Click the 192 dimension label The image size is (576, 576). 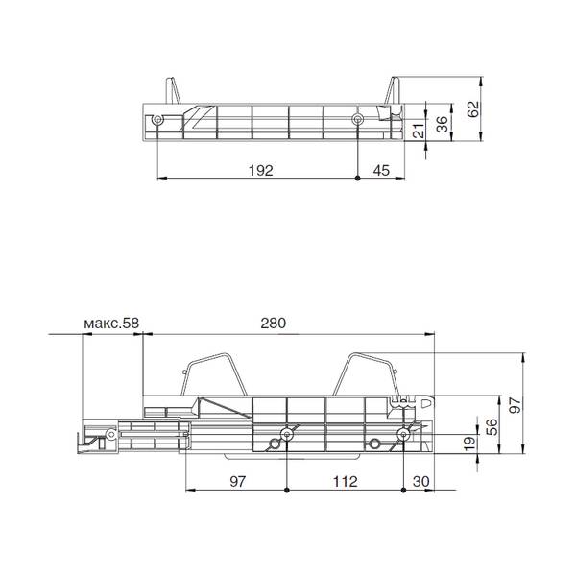[261, 171]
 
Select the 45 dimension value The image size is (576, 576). [381, 171]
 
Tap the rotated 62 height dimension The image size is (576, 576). [473, 109]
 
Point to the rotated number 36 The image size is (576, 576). [444, 124]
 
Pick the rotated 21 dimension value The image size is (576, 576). [419, 131]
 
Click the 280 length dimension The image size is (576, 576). [273, 324]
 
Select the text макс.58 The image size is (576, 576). [111, 324]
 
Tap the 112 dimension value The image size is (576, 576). [345, 481]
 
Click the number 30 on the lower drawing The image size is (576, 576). [421, 481]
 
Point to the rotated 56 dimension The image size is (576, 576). [492, 427]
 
